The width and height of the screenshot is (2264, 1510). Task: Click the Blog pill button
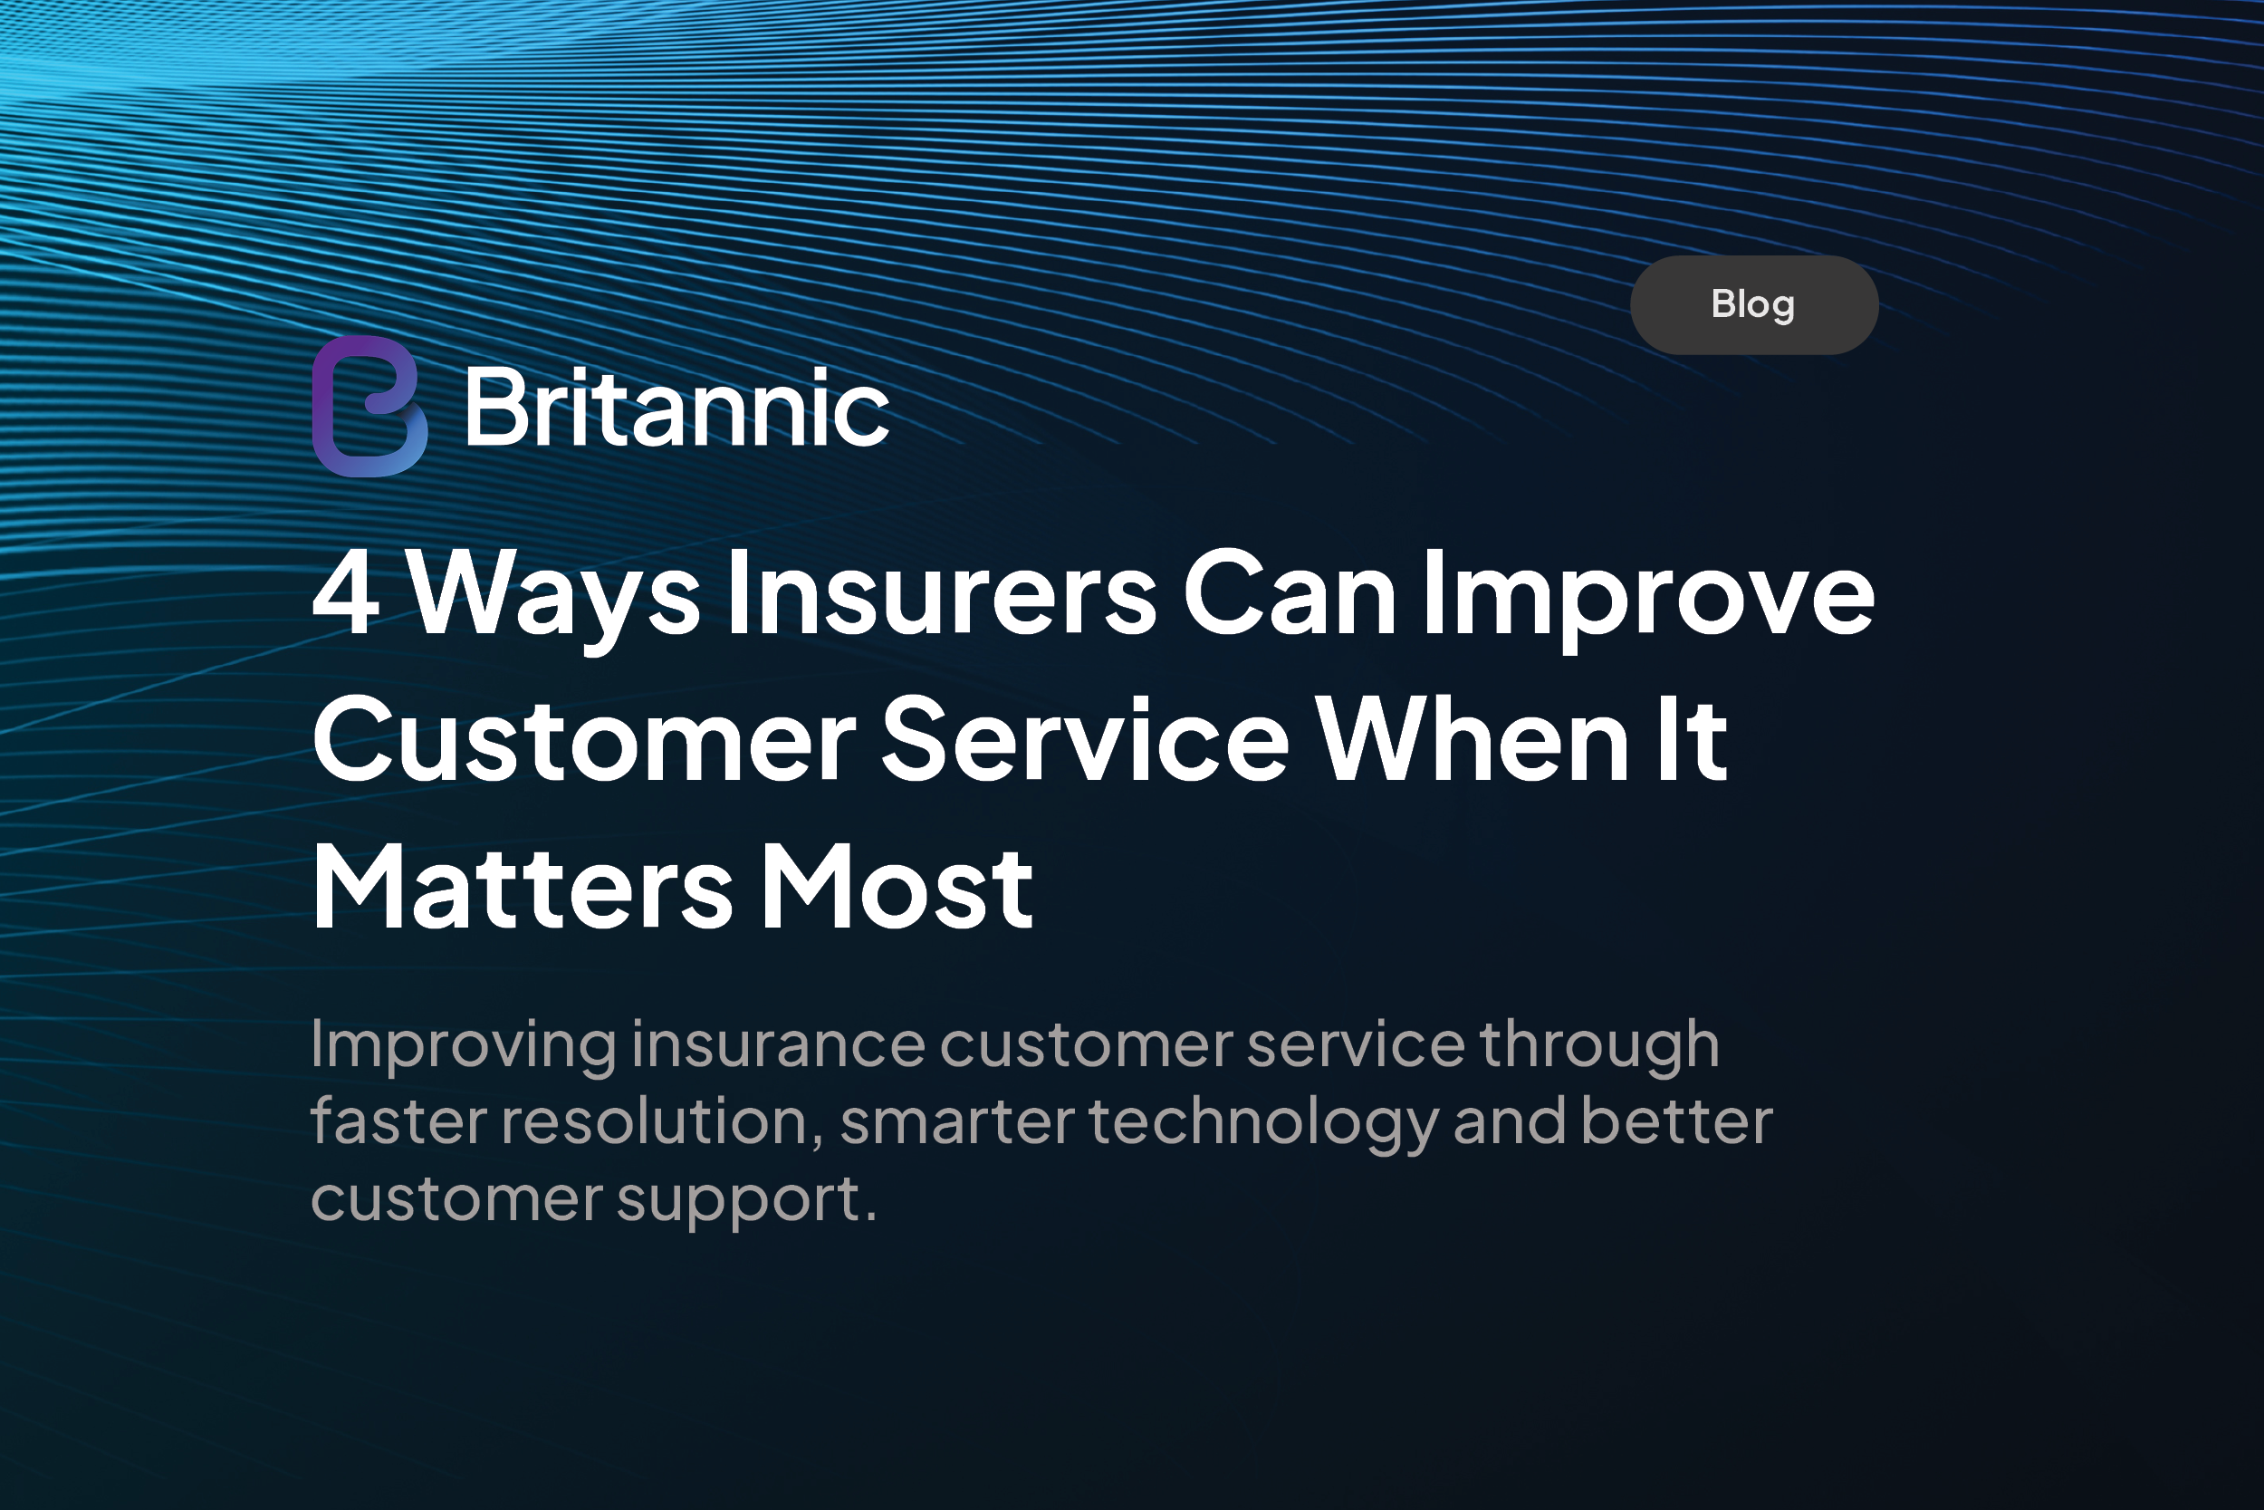tap(1754, 305)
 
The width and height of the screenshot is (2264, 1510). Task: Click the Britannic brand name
tap(676, 409)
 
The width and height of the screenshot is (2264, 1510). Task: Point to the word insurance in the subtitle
tap(779, 1045)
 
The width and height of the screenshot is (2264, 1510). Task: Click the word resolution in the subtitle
tap(661, 1123)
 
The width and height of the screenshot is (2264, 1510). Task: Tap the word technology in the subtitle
tap(1264, 1126)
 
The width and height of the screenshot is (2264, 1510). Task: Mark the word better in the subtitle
tap(1676, 1122)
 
